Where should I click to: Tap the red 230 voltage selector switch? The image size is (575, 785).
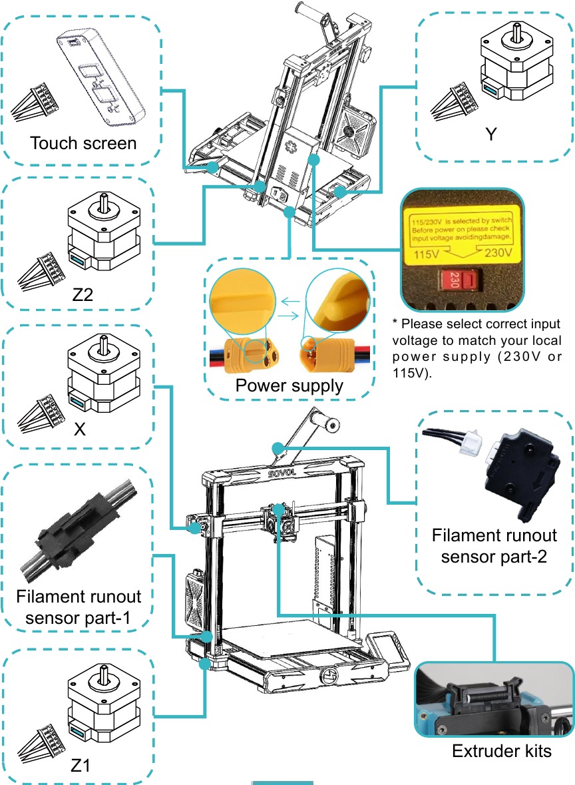(460, 280)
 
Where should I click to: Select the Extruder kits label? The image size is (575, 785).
(501, 752)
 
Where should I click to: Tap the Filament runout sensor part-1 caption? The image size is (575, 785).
(79, 607)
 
